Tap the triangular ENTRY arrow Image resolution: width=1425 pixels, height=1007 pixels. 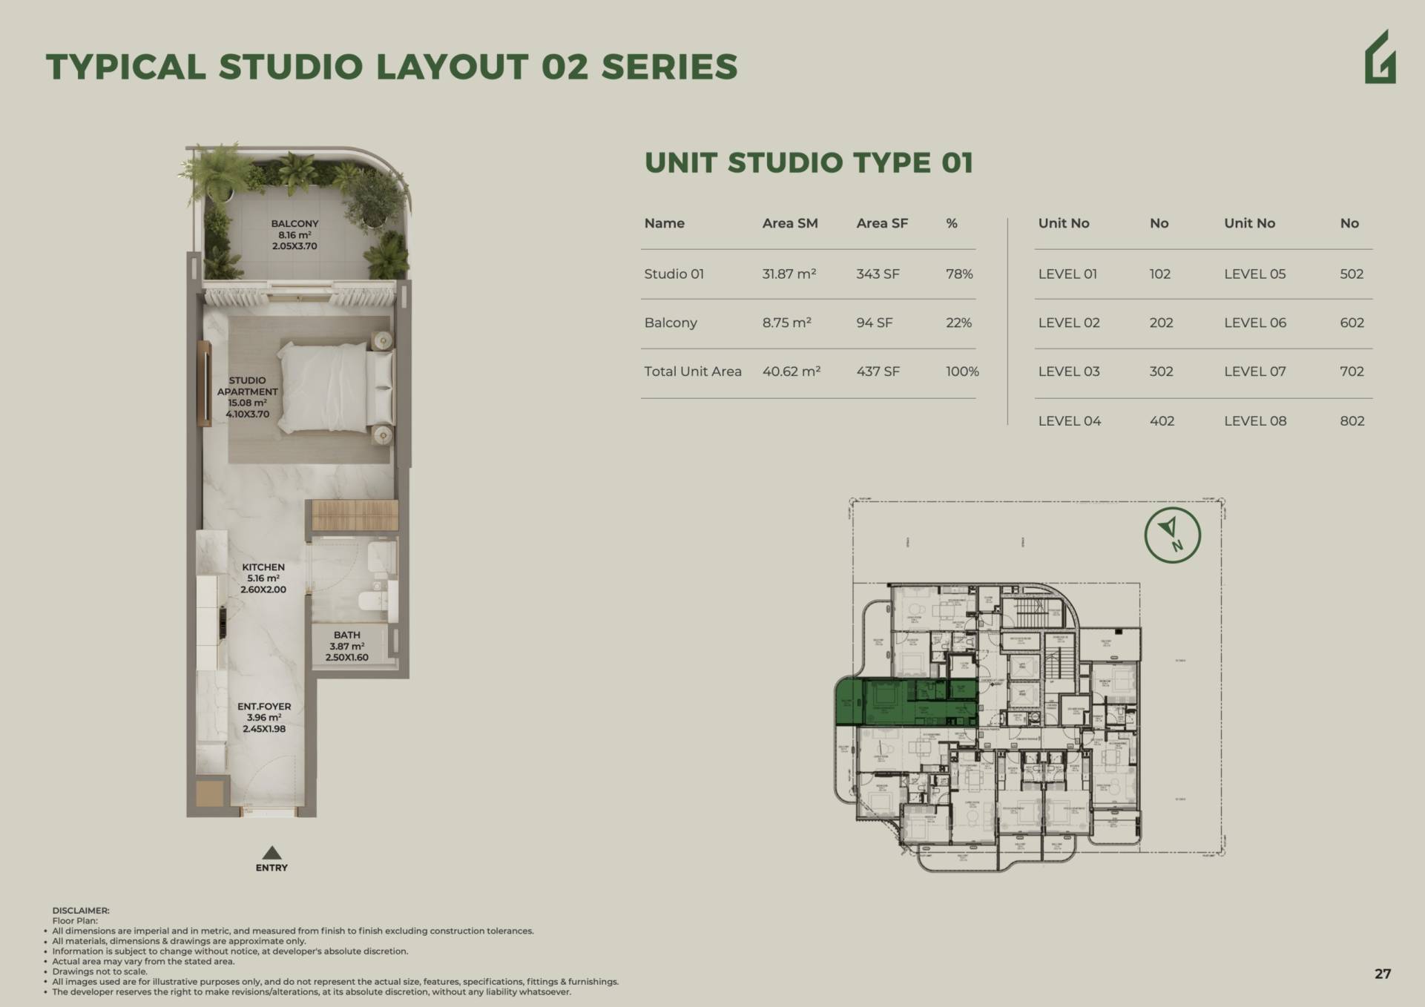271,853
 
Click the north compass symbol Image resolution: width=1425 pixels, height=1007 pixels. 1172,535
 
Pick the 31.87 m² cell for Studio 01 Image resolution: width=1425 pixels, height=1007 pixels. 789,274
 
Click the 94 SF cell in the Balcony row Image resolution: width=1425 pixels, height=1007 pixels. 874,323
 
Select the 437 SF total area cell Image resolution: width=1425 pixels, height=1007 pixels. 878,372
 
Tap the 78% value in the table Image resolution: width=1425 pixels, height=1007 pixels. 958,274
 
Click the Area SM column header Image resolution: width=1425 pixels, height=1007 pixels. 789,223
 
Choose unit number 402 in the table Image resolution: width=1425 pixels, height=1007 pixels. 1162,420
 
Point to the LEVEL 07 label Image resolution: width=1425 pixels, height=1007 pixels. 1254,372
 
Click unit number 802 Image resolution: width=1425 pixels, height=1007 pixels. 1352,420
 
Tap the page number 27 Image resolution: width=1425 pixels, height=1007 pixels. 1382,974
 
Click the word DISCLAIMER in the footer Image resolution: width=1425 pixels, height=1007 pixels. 80,911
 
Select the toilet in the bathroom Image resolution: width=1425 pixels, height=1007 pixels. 381,557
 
